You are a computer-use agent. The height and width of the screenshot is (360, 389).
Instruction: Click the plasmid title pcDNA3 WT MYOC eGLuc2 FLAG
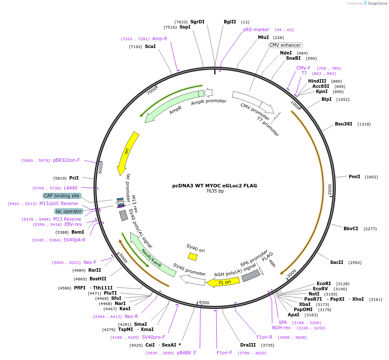215,186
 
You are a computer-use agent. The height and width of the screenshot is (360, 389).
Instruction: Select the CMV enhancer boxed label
285,45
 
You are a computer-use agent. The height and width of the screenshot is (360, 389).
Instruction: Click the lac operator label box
69,211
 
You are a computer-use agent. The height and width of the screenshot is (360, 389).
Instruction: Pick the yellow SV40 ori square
193,257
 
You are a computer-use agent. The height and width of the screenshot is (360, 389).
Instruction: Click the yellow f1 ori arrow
223,282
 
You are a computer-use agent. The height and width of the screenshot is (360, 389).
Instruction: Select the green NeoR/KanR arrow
151,257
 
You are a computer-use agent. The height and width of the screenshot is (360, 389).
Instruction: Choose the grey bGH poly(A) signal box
251,275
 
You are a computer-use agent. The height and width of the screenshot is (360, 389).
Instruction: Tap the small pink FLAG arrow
272,263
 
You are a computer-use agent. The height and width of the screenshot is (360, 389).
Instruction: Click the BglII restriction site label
230,22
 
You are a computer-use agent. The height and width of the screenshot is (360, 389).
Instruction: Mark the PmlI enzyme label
354,177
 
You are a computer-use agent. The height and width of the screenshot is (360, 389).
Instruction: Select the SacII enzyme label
337,262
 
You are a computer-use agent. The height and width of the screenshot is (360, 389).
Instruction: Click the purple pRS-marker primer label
256,29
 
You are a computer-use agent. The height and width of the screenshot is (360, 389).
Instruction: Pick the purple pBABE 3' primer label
187,353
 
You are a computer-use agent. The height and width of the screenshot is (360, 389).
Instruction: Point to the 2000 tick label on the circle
330,190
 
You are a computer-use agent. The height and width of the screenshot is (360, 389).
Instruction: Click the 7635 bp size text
215,191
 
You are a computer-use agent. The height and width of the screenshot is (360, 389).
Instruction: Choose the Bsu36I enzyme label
344,124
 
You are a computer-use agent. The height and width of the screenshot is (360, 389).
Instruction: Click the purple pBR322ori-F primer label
66,160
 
